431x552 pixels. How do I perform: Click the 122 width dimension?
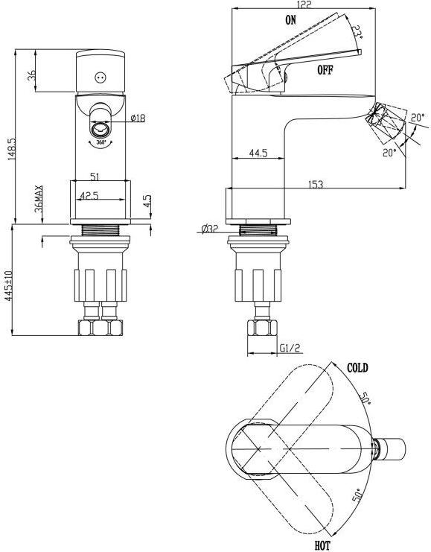pos(304,4)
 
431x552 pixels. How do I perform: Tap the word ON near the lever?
pos(290,20)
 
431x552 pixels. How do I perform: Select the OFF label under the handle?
pos(325,70)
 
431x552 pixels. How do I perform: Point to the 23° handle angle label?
pos(357,32)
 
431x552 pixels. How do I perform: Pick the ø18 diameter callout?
pos(138,118)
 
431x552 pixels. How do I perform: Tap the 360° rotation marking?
pos(101,142)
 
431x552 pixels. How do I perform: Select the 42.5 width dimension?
pos(89,195)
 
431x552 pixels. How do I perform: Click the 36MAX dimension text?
pos(39,199)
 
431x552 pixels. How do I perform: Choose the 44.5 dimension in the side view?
pos(258,153)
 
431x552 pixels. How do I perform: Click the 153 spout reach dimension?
pos(315,184)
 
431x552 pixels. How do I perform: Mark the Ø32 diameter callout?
pos(210,229)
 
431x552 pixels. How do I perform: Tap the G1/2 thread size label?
pos(290,348)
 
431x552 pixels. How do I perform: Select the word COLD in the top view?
pos(357,368)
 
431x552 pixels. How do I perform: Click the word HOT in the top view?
pos(322,546)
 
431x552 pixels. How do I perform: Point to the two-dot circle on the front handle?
pos(100,77)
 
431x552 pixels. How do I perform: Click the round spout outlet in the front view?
pos(101,129)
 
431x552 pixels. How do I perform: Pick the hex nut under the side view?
pos(262,328)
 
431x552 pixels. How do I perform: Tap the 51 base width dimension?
pos(95,177)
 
